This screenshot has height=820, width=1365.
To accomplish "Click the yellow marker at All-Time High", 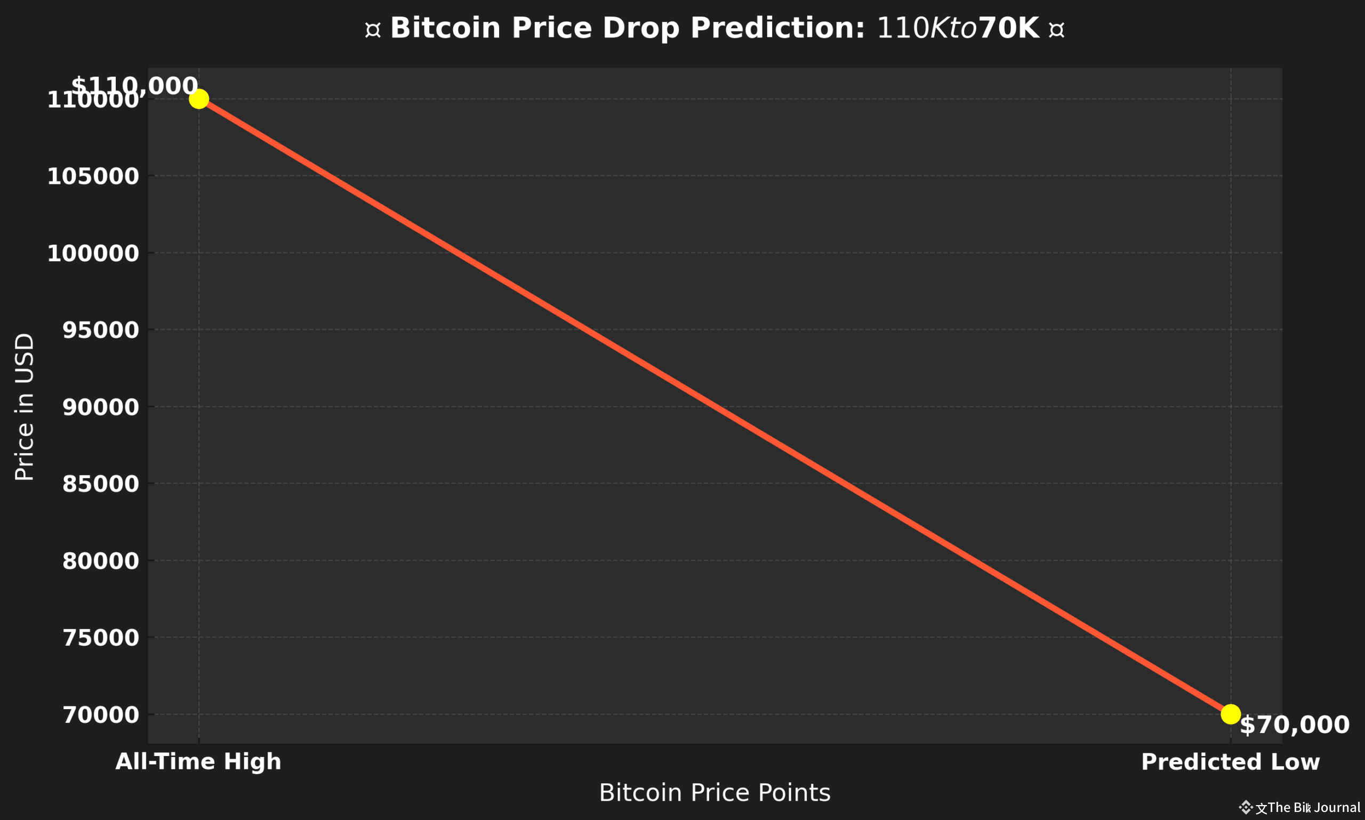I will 199,99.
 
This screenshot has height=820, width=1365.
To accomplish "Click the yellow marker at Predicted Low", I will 1231,714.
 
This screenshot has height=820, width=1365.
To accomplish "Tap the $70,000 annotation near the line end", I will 1294,725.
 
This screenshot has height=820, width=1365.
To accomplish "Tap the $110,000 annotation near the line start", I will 134,86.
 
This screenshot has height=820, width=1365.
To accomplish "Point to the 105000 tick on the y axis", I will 93,176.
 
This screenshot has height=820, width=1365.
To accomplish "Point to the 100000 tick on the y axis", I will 93,253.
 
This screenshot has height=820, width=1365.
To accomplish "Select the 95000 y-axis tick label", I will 100,330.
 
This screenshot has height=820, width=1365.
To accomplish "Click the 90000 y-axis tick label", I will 100,407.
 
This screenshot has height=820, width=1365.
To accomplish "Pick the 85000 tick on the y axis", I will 100,484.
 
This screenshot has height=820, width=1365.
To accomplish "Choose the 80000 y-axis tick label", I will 100,561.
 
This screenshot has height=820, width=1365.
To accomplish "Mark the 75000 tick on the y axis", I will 100,638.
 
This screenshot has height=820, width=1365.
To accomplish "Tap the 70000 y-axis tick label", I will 100,715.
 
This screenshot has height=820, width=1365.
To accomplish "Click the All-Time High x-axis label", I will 198,762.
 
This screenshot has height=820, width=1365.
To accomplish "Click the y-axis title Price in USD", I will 25,407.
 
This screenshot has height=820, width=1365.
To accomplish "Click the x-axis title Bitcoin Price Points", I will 714,793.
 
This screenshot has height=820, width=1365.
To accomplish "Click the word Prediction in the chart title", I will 777,28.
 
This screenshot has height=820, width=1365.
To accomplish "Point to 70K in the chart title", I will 1008,28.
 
